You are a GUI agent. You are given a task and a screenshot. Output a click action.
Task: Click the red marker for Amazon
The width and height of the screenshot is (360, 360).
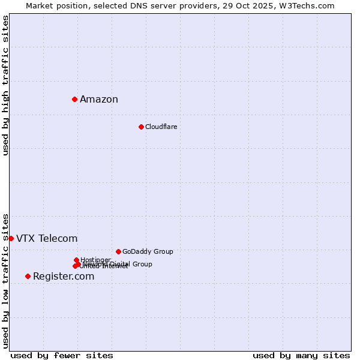74,99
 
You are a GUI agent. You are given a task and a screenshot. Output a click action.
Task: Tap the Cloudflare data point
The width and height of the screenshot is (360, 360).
141,127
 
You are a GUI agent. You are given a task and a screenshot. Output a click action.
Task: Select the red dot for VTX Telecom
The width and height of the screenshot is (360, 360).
11,238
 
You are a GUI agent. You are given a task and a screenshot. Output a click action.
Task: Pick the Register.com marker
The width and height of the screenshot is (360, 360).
28,276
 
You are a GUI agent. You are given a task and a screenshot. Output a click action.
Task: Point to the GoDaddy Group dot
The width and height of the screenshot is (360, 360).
118,251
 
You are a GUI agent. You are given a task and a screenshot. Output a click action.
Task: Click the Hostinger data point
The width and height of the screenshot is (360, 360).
76,260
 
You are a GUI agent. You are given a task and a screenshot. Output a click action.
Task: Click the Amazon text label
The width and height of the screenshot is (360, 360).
99,100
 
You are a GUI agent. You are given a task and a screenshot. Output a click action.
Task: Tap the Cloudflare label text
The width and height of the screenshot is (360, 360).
161,127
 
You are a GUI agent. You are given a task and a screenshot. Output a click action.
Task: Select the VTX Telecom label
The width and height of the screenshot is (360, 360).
47,239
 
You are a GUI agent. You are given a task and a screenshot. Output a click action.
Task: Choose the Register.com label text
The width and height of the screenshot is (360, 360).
64,277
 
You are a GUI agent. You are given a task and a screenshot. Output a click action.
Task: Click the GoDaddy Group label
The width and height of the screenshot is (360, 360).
148,252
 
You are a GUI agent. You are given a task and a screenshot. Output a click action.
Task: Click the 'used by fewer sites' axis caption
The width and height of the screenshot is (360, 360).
62,355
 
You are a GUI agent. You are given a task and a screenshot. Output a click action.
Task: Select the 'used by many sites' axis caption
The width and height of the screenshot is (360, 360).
301,355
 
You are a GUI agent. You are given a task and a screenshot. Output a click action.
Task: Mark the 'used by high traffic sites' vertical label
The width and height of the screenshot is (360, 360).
5,85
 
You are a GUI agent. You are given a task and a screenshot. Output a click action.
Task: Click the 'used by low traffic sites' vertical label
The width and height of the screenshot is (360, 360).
5,280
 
